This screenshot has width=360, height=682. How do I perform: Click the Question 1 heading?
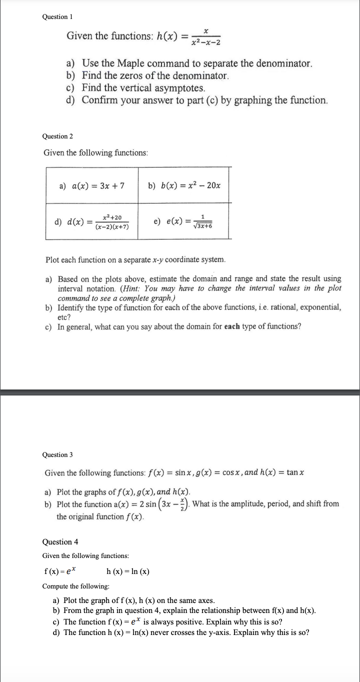click(58, 17)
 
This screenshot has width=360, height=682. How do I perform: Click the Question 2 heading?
click(58, 136)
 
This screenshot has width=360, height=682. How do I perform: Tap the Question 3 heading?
click(58, 454)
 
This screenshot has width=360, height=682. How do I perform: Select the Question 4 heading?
click(60, 542)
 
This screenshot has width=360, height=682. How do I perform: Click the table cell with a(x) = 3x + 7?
click(92, 185)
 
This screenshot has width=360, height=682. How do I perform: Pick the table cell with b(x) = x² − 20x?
click(184, 185)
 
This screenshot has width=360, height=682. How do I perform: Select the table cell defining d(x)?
click(92, 221)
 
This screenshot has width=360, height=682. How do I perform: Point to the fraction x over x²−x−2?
click(206, 36)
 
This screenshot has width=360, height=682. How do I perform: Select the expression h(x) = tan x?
click(282, 473)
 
